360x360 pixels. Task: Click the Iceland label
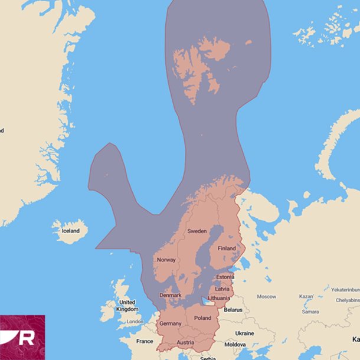pyautogui.click(x=70, y=231)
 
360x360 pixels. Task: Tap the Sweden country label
pyautogui.click(x=197, y=231)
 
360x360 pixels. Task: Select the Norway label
pyautogui.click(x=166, y=260)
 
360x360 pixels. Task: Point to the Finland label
pyautogui.click(x=227, y=248)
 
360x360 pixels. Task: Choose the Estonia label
pyautogui.click(x=224, y=277)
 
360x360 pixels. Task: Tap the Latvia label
pyautogui.click(x=222, y=289)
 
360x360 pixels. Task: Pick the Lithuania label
pyautogui.click(x=219, y=298)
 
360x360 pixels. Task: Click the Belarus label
pyautogui.click(x=233, y=309)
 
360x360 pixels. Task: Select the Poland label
pyautogui.click(x=202, y=318)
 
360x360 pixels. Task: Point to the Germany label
pyautogui.click(x=171, y=323)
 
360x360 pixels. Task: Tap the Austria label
pyautogui.click(x=185, y=342)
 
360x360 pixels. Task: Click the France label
pyautogui.click(x=145, y=341)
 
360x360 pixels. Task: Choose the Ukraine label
pyautogui.click(x=245, y=333)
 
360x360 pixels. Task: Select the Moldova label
pyautogui.click(x=235, y=344)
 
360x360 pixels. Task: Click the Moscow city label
pyautogui.click(x=266, y=296)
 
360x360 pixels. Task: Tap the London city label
pyautogui.click(x=135, y=322)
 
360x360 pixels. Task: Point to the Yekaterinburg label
pyautogui.click(x=345, y=290)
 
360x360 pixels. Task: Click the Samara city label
pyautogui.click(x=310, y=311)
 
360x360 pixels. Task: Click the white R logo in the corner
pyautogui.click(x=26, y=338)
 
